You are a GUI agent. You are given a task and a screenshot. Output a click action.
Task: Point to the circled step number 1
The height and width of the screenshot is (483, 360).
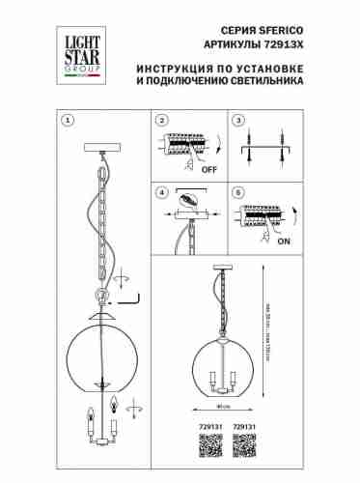coord(67,121)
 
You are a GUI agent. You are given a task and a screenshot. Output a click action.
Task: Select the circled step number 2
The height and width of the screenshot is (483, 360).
coord(162,121)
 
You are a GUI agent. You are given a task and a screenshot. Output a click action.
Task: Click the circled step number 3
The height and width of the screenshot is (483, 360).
coord(236,121)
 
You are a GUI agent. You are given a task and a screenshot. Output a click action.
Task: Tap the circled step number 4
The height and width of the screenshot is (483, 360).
coord(162,191)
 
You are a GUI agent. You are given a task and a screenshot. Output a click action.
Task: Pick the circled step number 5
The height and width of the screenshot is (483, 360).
coord(236,191)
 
